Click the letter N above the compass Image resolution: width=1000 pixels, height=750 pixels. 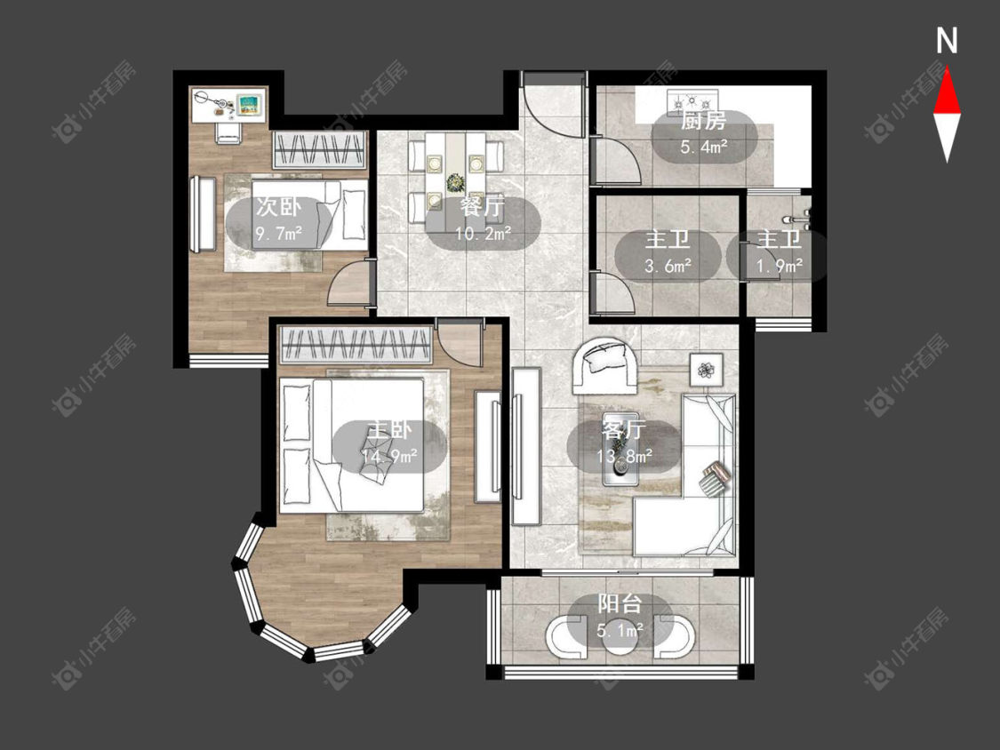click(947, 40)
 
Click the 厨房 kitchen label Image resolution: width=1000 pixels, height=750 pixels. click(703, 121)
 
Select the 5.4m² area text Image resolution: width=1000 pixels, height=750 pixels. click(704, 148)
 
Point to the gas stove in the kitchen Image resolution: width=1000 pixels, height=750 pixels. click(692, 100)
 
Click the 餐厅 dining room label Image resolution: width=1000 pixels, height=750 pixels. click(482, 207)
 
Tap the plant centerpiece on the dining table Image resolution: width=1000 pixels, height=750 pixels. click(455, 183)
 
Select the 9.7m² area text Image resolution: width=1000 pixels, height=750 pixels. click(279, 234)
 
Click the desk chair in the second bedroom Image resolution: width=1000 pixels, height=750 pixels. click(228, 132)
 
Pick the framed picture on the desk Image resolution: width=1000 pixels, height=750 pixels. click(249, 104)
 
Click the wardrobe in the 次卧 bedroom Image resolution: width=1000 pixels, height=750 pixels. click(320, 150)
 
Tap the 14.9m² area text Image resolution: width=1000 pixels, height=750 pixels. click(389, 456)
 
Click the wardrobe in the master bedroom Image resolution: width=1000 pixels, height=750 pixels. click(356, 346)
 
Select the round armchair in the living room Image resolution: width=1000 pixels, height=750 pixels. click(604, 365)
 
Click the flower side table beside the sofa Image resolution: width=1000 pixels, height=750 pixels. click(706, 370)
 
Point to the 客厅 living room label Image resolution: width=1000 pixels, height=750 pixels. click(623, 430)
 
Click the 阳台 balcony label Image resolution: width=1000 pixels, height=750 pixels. click(620, 603)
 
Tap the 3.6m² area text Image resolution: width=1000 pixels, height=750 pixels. click(668, 266)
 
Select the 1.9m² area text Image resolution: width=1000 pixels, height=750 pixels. click(779, 266)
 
